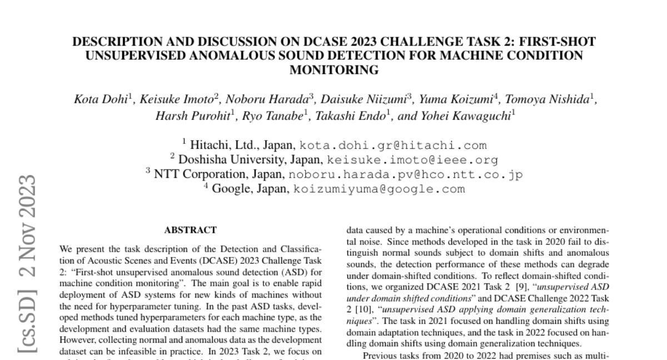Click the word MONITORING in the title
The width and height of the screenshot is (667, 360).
tap(334, 70)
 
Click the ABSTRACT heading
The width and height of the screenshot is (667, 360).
tap(190, 229)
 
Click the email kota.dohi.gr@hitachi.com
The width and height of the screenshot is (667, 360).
tap(393, 146)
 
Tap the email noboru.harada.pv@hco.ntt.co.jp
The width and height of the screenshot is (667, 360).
tap(405, 174)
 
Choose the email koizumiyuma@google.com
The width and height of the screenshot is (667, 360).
tap(379, 189)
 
